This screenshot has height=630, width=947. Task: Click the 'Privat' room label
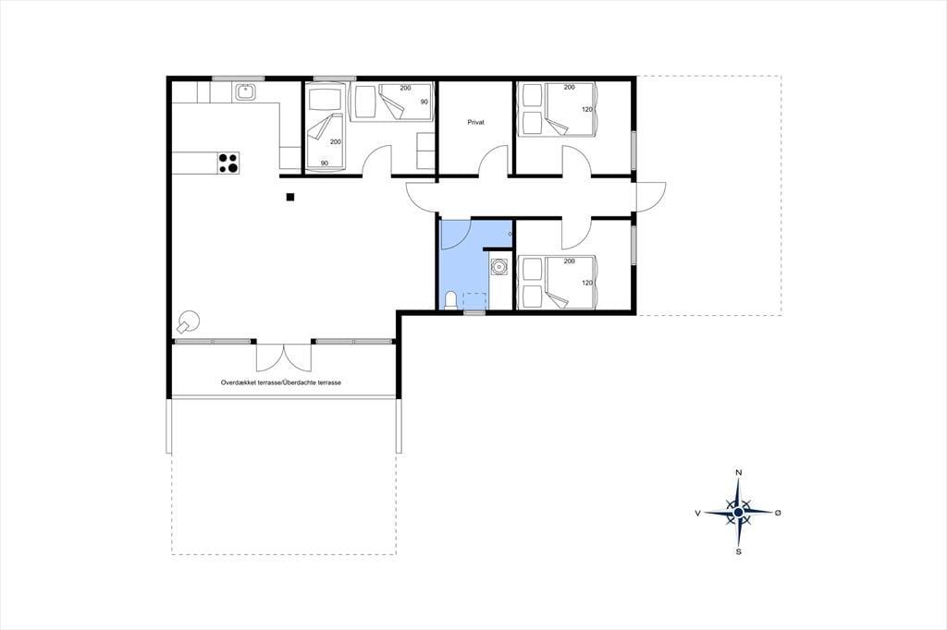(x=476, y=122)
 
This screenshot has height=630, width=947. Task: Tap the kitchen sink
(x=245, y=91)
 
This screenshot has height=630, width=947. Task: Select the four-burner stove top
(x=229, y=163)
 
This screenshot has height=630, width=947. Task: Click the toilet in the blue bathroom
(x=450, y=300)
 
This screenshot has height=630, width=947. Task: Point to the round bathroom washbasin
(x=499, y=266)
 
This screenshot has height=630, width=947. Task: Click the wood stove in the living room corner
(x=188, y=321)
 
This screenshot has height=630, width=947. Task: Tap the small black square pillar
(x=289, y=197)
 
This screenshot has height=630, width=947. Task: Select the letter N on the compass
(x=738, y=473)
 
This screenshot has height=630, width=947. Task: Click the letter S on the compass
(x=738, y=551)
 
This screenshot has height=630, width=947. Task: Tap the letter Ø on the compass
(x=778, y=513)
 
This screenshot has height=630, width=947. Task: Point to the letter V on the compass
(x=697, y=513)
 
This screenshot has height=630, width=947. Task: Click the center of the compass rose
(x=738, y=513)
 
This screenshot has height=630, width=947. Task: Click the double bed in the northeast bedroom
(x=571, y=109)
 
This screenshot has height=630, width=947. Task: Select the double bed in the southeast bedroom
(x=571, y=283)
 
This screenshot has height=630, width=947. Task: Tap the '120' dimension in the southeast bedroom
(x=587, y=283)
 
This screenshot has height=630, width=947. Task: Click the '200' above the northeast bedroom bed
(x=569, y=87)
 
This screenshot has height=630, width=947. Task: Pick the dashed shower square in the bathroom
(x=474, y=300)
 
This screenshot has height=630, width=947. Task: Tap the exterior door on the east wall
(x=651, y=196)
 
